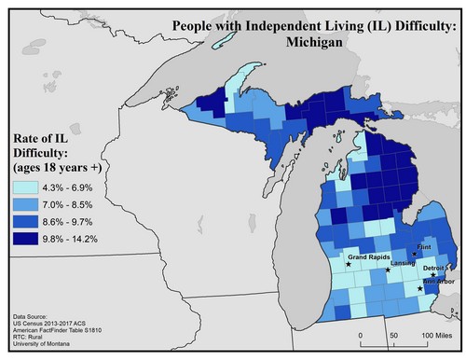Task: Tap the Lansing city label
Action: [403, 264]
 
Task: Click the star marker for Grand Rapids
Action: [349, 265]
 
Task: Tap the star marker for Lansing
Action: [388, 271]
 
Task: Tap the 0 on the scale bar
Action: [361, 334]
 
